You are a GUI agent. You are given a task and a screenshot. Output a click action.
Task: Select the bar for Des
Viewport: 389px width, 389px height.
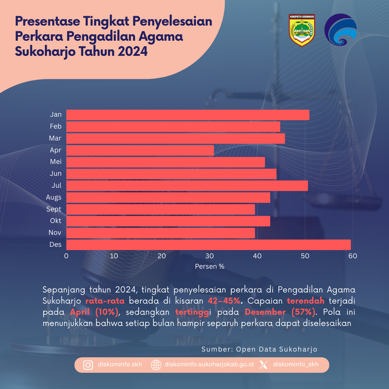point(208,245)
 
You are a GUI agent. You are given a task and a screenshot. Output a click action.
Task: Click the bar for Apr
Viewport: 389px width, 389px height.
point(140,150)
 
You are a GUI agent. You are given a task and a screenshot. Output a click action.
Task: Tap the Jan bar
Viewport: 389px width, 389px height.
point(188,115)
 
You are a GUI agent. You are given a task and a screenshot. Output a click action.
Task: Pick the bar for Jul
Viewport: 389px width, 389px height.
point(187,186)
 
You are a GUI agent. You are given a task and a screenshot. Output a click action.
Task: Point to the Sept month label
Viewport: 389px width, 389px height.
point(54,209)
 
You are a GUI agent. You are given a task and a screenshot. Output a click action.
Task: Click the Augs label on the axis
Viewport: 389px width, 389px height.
point(54,197)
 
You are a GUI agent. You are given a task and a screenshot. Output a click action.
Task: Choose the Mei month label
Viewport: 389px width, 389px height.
point(56,162)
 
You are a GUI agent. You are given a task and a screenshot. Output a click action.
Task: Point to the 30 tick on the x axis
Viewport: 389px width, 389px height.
point(210,256)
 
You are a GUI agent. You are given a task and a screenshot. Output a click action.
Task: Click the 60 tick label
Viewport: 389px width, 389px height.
point(353,256)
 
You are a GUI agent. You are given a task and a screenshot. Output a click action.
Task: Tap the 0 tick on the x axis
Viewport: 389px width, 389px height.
point(66,256)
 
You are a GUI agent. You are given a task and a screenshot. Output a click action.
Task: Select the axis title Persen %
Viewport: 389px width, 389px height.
point(210,267)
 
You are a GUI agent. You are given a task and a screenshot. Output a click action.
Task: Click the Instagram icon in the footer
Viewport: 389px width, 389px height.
point(88,365)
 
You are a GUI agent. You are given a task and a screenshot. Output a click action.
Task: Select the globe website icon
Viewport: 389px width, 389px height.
point(156,365)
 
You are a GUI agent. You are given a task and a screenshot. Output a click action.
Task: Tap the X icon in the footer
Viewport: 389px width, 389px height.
point(264,365)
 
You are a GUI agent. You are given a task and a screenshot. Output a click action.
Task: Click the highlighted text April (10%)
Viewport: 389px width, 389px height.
point(94,312)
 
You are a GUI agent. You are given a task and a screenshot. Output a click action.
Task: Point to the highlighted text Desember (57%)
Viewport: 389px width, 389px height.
point(280,312)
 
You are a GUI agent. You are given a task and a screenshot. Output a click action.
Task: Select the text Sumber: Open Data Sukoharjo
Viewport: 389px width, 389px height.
point(259,349)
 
